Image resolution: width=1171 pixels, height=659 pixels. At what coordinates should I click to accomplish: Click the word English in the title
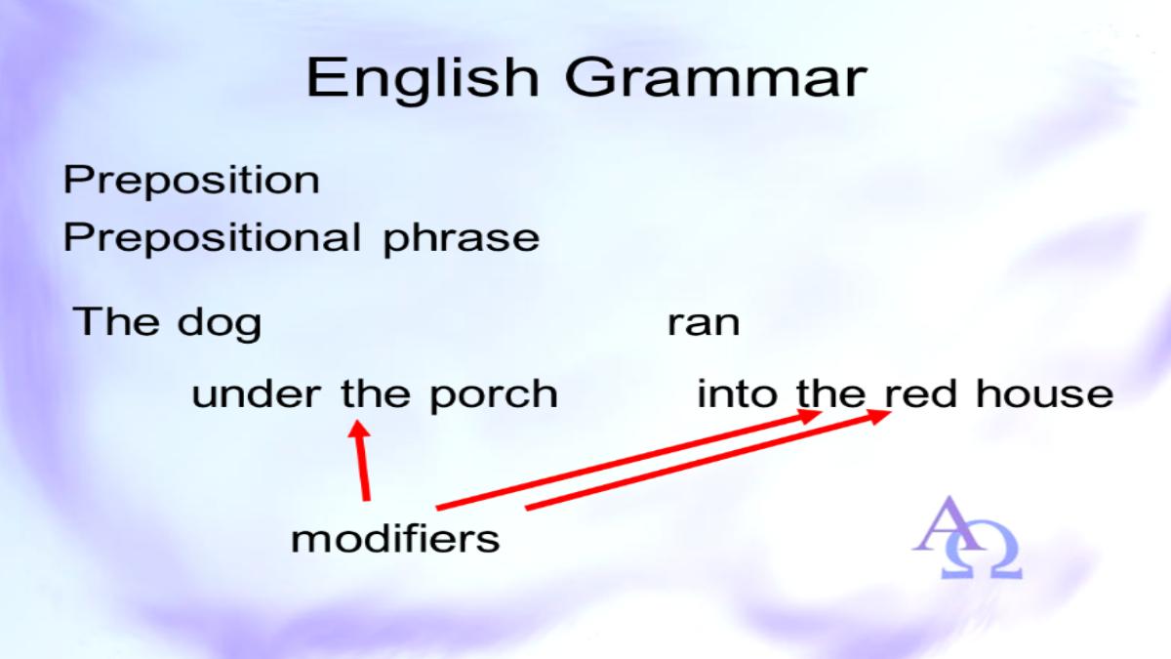coord(423,79)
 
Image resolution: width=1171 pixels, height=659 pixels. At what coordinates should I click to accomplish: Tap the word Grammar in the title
coord(716,78)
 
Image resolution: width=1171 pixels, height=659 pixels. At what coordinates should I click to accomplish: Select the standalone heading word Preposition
coord(191,181)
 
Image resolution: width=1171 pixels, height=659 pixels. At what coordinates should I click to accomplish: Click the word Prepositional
coord(213,238)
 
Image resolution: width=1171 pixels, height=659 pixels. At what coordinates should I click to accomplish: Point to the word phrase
coord(461,239)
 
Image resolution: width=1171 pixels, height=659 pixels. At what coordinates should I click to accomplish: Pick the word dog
coord(220,323)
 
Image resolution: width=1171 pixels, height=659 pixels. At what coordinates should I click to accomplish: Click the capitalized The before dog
coord(116,320)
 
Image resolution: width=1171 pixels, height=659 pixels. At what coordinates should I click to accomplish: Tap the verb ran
coord(704,323)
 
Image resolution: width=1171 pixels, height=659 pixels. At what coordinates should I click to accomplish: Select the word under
coord(256,393)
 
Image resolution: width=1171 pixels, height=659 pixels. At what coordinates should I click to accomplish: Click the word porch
coord(494,395)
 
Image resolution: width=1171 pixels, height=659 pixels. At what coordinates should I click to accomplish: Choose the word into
coord(737,393)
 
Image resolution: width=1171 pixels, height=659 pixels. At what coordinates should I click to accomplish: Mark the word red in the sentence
coord(921,393)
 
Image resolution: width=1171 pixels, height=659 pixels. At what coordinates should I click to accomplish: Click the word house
coord(1045,393)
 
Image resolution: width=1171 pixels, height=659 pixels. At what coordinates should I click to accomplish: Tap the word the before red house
coord(831,393)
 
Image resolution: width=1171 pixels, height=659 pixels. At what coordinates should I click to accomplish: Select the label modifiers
coord(395,539)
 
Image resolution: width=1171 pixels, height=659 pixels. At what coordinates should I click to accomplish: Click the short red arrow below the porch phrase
coord(363,460)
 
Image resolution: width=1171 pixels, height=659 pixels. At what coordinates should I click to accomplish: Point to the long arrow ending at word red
coord(707,460)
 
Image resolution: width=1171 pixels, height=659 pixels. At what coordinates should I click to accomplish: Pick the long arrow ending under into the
coord(628,459)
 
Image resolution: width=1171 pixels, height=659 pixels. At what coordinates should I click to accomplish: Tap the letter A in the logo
coord(949,524)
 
